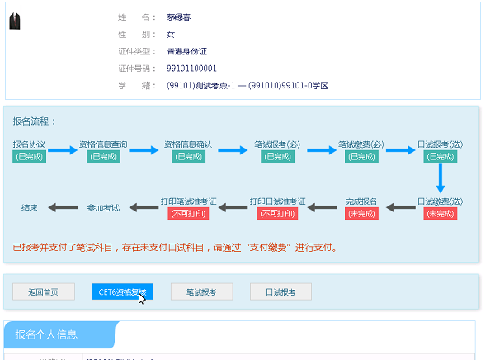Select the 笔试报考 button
(201, 291)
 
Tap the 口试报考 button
(280, 291)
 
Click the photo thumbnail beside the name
(14, 22)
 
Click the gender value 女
(171, 34)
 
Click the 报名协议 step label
(29, 144)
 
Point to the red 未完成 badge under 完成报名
(361, 213)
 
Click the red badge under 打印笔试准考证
(188, 213)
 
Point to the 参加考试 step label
(103, 206)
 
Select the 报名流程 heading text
(34, 121)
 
